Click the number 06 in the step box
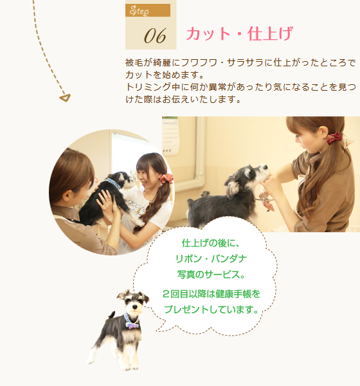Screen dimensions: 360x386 155,36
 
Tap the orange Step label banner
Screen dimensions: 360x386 148,10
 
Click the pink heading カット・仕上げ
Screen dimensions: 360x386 240,33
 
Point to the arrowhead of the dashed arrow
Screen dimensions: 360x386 65,98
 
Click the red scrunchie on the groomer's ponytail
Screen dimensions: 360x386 334,138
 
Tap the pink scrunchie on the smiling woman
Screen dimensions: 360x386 166,178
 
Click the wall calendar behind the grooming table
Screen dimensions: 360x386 170,136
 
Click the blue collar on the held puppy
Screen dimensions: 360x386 113,183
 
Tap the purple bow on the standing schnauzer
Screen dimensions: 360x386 132,326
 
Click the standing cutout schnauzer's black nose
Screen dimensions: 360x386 135,307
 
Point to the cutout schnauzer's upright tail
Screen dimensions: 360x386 112,315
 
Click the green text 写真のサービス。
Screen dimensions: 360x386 212,274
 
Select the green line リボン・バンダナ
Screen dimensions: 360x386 211,259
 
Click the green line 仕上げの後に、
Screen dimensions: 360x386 211,243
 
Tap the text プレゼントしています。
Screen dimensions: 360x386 212,309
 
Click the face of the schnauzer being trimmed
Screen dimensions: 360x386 258,172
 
